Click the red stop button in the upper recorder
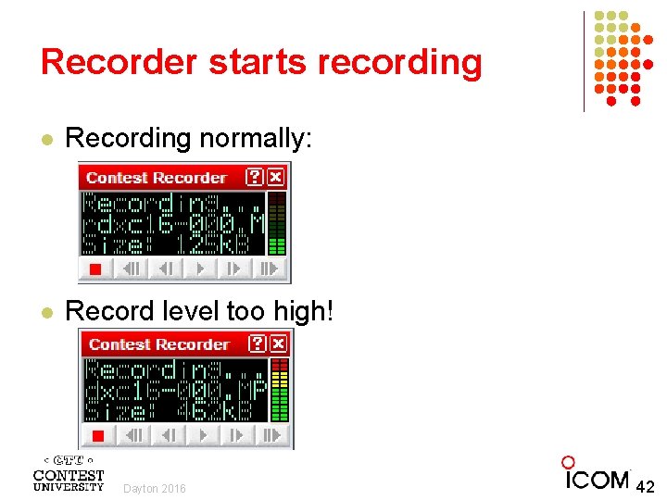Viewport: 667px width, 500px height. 94,269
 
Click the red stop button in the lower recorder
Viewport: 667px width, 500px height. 96,435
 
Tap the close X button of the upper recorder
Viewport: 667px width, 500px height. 276,177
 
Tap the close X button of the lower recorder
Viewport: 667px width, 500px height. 279,344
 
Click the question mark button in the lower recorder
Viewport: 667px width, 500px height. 258,344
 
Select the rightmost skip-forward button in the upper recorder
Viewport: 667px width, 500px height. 269,269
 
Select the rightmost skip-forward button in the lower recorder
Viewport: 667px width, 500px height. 271,435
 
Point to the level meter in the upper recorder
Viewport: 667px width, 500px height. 276,223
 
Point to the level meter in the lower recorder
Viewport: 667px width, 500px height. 280,390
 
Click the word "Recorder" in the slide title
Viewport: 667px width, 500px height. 119,62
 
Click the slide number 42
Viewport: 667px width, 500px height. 646,485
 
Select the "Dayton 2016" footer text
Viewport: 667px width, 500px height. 155,488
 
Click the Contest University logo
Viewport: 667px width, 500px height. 68,473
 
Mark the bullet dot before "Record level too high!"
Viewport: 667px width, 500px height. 47,313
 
